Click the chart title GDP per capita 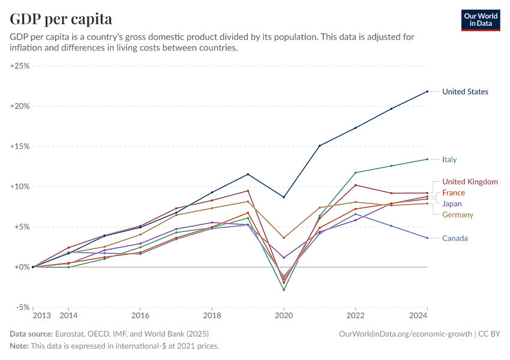[61, 19]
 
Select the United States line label [465, 92]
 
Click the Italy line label [449, 160]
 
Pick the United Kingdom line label [470, 182]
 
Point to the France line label [454, 193]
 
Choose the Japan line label [452, 204]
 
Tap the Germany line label [458, 215]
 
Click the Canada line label [455, 238]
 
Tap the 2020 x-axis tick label [284, 316]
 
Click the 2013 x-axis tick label [41, 316]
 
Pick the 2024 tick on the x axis [418, 316]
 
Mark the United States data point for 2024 [427, 91]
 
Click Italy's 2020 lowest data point [284, 290]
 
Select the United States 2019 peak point [248, 175]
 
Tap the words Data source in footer [31, 334]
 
